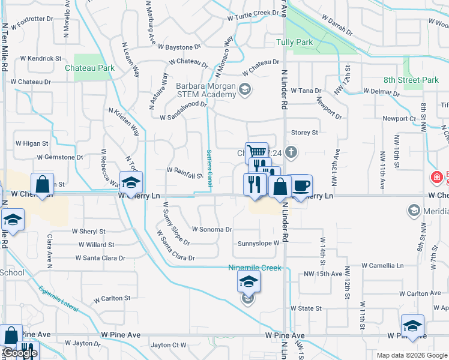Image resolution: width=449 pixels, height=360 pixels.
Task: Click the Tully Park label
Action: tap(294, 43)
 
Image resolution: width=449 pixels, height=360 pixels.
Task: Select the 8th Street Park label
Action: tap(411, 80)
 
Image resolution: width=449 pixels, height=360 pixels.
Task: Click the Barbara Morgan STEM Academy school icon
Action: tap(244, 89)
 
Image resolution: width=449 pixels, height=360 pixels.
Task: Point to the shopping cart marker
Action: tap(256, 152)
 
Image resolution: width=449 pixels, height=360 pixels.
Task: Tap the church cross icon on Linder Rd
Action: tap(291, 151)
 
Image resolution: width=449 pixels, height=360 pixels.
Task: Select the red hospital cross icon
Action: tap(436, 178)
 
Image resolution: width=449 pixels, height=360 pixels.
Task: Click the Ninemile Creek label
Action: tap(255, 268)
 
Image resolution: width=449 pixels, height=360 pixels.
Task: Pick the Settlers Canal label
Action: tap(209, 167)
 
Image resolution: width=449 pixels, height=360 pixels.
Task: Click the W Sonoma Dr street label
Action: tap(212, 229)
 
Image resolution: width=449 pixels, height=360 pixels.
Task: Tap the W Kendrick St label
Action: tap(41, 59)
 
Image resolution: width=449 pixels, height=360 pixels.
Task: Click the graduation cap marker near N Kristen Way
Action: tap(131, 181)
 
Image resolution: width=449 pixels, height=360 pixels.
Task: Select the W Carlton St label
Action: tap(112, 298)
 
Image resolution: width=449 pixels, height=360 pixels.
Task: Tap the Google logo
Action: tap(20, 353)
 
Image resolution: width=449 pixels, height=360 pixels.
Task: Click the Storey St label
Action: tap(304, 132)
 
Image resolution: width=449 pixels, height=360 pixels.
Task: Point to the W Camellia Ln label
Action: tap(382, 265)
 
